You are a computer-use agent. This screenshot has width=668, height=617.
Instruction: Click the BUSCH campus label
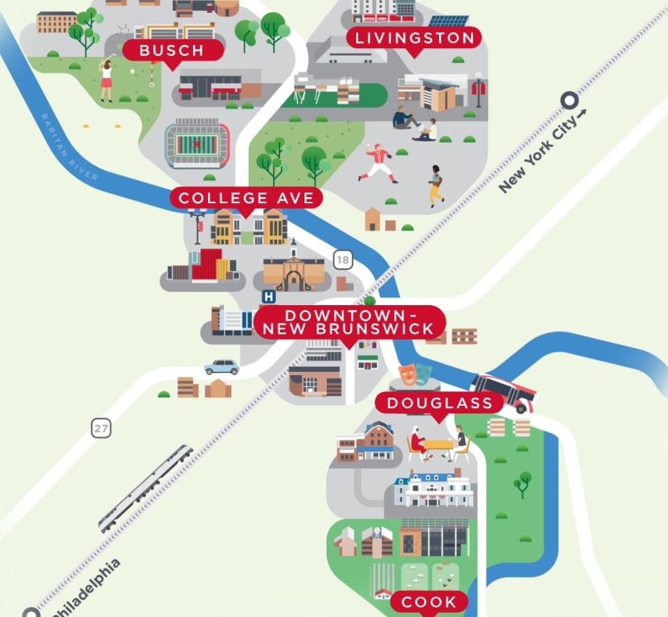point(173,50)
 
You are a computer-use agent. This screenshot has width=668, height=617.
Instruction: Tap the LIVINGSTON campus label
point(415,38)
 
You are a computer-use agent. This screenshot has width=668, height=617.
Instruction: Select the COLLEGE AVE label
point(246,198)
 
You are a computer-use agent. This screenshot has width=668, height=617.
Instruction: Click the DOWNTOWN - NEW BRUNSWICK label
point(349,322)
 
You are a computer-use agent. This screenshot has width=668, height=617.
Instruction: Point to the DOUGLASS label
point(439,403)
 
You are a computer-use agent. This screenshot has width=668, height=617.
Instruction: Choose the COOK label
point(429,601)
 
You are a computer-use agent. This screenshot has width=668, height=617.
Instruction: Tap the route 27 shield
point(101,429)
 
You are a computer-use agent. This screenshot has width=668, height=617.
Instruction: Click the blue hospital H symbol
point(268,296)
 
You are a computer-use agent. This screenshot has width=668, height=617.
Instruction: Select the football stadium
point(197,143)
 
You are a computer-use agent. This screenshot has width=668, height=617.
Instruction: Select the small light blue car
point(222,367)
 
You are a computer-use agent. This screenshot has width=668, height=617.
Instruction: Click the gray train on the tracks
point(145,488)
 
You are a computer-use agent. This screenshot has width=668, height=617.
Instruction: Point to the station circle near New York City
point(569,101)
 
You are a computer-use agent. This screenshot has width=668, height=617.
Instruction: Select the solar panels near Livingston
point(448,21)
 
